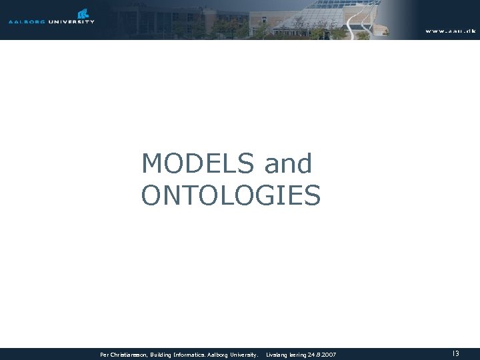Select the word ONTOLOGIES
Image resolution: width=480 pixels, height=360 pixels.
click(x=231, y=195)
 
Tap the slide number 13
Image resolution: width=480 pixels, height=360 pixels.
click(x=456, y=354)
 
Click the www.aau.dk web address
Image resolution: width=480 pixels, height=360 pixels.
click(x=450, y=31)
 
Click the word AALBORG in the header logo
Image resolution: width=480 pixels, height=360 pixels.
click(x=26, y=21)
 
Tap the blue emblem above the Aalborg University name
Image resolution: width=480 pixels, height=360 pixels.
click(x=83, y=13)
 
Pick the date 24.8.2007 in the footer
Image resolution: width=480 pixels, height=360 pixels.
click(x=323, y=355)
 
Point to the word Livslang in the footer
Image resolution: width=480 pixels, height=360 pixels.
click(x=277, y=355)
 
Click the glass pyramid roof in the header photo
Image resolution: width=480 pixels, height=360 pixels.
click(x=313, y=13)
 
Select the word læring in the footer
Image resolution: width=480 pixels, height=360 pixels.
click(x=297, y=355)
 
